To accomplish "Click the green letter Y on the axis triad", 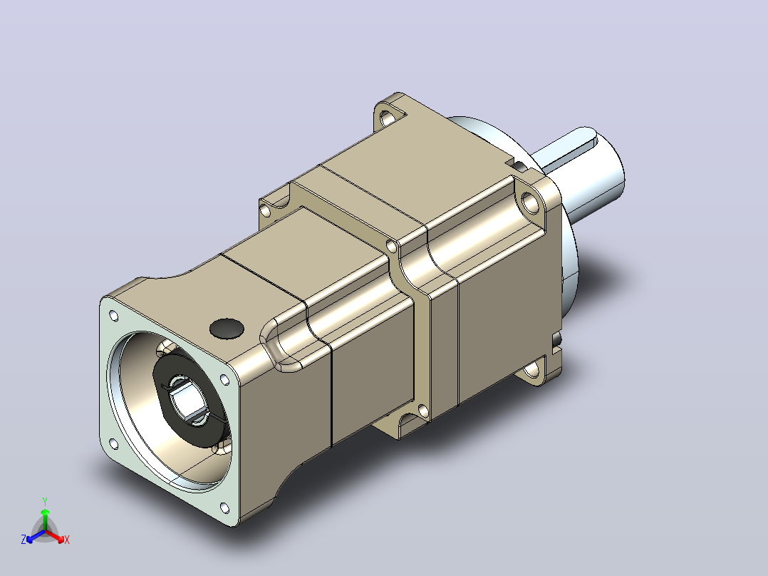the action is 45,501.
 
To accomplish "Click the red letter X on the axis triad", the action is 67,540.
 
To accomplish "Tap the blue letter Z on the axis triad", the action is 24,540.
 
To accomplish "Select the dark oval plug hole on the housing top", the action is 227,329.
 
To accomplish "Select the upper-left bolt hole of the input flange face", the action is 113,316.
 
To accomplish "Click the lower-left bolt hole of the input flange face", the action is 113,443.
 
